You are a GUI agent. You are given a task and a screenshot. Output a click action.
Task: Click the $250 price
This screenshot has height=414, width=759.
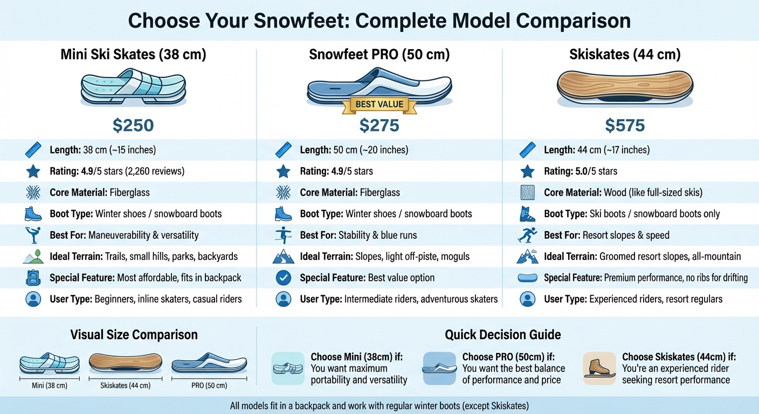pos(133,126)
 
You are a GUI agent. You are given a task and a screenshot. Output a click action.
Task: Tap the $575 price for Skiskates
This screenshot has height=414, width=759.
pos(625,126)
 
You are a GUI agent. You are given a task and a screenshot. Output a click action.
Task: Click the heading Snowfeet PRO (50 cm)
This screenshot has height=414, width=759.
pos(379,54)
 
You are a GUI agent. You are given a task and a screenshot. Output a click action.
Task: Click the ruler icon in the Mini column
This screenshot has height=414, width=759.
pos(33,150)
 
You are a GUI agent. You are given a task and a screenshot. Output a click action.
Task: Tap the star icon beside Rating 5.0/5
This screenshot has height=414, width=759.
pos(528,171)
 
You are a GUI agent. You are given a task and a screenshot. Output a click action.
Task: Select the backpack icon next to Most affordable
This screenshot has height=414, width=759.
pos(33,278)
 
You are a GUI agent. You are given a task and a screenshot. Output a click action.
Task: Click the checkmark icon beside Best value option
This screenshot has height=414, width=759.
pos(283,278)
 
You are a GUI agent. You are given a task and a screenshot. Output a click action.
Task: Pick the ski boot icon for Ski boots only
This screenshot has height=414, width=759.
pos(528,214)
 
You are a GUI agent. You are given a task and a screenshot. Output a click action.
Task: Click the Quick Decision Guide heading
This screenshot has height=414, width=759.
pos(502,335)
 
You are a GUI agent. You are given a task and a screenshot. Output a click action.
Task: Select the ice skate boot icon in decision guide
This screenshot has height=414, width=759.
pos(599,368)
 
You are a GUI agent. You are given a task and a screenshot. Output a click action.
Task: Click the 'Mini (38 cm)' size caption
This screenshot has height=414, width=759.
pos(49,385)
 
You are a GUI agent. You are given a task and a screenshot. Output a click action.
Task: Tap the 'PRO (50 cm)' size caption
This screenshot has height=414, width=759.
pos(209,385)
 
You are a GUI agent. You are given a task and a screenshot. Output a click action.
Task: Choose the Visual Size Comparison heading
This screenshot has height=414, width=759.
pos(134,335)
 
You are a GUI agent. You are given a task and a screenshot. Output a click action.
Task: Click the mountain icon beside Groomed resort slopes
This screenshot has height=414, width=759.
pos(528,257)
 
